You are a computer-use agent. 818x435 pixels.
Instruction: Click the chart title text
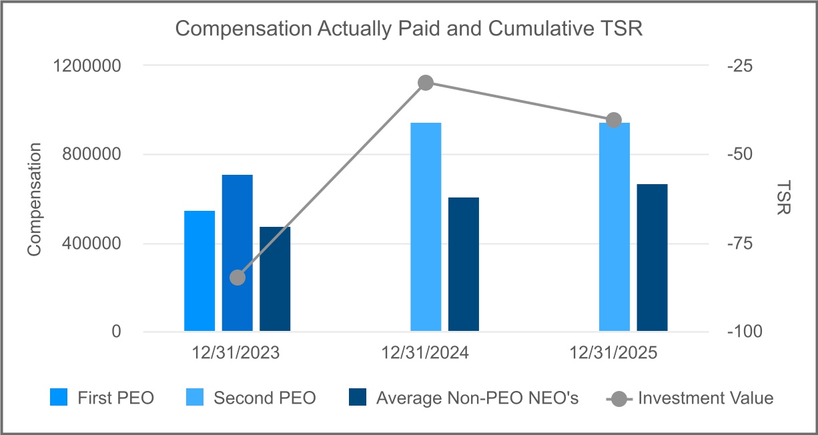click(x=408, y=29)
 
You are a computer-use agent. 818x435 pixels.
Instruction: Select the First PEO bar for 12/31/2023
click(x=199, y=271)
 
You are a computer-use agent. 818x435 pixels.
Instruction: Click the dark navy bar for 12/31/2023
click(x=275, y=279)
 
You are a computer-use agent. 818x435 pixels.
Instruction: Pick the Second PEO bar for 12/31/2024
click(x=426, y=227)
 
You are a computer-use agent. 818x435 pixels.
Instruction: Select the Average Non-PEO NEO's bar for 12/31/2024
click(x=464, y=264)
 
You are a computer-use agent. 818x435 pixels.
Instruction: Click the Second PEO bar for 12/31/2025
click(x=615, y=227)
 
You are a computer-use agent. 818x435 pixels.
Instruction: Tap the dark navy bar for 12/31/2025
click(x=652, y=258)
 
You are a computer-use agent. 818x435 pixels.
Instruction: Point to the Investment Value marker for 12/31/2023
click(x=238, y=278)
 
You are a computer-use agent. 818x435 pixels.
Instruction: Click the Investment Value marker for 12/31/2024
click(x=426, y=83)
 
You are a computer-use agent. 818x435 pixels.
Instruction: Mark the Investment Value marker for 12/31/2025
click(x=615, y=120)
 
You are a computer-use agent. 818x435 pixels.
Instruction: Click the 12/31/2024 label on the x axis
click(x=425, y=354)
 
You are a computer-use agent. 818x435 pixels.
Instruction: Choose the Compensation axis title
click(x=35, y=199)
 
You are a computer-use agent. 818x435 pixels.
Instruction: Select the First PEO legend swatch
click(x=59, y=398)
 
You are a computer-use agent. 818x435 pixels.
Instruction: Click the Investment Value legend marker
click(x=618, y=398)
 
